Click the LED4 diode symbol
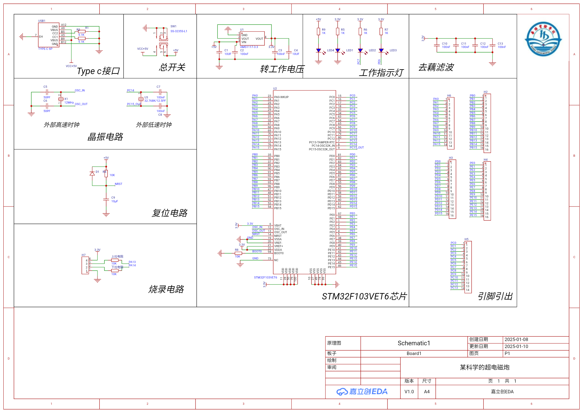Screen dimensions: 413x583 point(318,51)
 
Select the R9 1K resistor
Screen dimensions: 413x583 point(318,31)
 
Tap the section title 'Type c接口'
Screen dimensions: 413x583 point(98,71)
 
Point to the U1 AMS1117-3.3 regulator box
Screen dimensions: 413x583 point(252,39)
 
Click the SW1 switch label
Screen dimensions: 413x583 point(173,26)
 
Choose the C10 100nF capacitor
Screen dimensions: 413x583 point(437,45)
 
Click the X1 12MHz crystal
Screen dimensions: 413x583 point(61,99)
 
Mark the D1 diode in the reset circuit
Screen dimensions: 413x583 point(92,173)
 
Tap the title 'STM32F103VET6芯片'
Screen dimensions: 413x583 point(364,296)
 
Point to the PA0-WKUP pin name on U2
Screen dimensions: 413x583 point(281,97)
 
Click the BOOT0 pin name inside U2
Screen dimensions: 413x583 point(279,253)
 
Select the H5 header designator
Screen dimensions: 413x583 point(466,239)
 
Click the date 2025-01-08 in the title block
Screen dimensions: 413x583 point(516,340)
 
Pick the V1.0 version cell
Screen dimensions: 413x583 point(409,392)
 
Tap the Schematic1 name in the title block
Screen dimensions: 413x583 point(414,343)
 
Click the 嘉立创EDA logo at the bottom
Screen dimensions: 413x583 point(362,392)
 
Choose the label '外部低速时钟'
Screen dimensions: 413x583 point(154,125)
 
